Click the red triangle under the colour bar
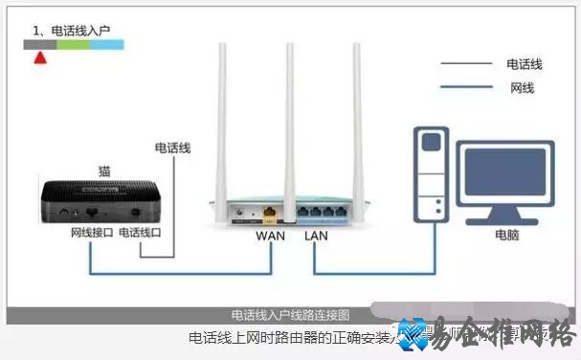point(39,56)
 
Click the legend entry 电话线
point(525,64)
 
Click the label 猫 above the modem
point(105,170)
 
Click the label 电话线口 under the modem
point(140,234)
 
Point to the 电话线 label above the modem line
point(173,147)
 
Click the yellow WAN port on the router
point(271,209)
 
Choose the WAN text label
point(271,235)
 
